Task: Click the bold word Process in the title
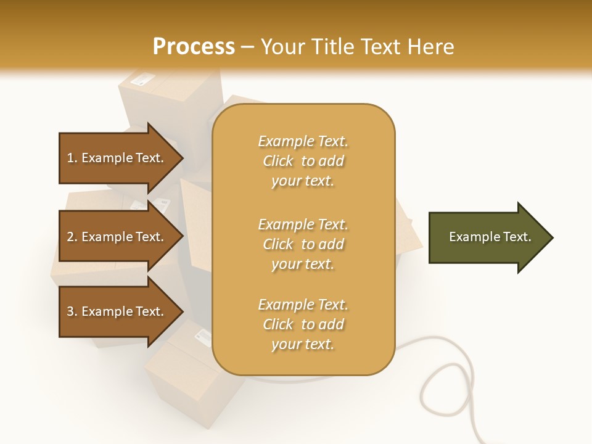[194, 46]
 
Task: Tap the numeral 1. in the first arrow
[72, 158]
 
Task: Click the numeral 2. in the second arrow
[72, 237]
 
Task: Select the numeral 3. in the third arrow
[72, 311]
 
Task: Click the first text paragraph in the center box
[303, 161]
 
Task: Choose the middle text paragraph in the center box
[303, 244]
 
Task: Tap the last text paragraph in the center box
[303, 324]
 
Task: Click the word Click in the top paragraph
[278, 161]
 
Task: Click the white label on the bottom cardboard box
[202, 336]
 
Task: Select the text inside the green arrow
[490, 237]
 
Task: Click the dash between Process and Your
[247, 47]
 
